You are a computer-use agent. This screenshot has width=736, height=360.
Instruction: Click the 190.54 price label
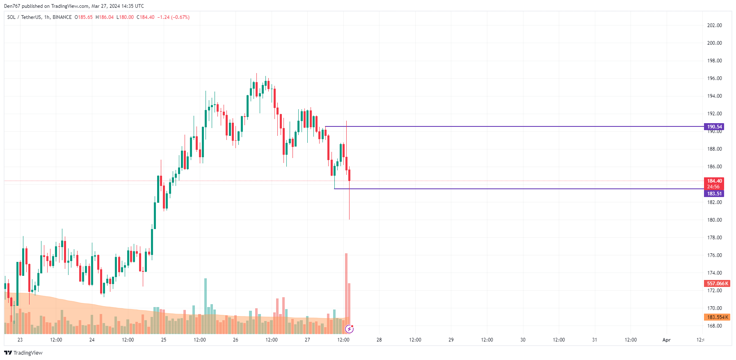[714, 127]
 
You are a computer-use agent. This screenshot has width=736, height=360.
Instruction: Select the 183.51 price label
[714, 194]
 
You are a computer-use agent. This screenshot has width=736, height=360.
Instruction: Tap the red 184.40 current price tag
[714, 181]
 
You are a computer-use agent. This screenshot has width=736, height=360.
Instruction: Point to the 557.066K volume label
[717, 284]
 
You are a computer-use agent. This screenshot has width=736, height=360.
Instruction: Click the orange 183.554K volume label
[717, 317]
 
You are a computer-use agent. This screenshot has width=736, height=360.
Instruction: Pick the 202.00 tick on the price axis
[714, 25]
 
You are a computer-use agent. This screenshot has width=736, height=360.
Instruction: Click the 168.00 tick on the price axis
[714, 326]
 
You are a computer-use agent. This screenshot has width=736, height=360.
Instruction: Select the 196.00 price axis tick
[714, 78]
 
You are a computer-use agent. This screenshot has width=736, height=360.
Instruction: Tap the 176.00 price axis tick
[714, 255]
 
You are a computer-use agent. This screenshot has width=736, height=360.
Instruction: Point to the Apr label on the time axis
[666, 340]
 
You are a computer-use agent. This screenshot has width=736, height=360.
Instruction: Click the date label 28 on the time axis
[379, 340]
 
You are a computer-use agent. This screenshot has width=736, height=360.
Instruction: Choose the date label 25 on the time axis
[164, 340]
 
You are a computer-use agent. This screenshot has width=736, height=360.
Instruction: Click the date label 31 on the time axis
[594, 340]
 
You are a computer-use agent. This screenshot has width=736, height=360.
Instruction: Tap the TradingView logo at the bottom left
[23, 353]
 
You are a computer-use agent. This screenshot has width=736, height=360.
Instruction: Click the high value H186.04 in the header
[105, 17]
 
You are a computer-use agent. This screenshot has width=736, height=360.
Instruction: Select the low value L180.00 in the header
[125, 17]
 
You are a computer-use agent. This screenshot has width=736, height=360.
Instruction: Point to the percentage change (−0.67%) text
[181, 17]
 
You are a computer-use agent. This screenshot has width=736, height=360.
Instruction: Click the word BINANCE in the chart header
[62, 17]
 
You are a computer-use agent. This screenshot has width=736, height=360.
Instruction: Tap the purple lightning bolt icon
[350, 329]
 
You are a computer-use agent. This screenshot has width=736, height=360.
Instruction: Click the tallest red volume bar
[346, 287]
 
